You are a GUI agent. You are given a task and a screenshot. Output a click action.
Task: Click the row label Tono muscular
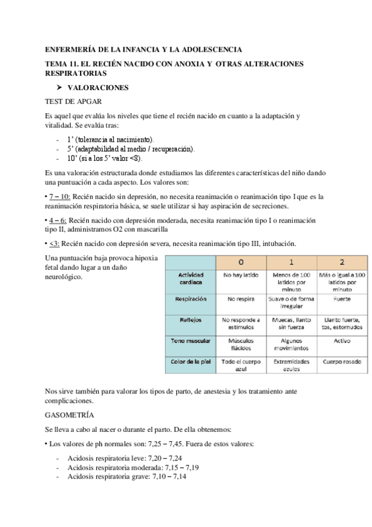(191, 341)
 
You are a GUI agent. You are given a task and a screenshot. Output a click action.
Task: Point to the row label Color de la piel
(191, 361)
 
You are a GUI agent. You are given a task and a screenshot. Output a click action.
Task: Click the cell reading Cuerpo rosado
(342, 360)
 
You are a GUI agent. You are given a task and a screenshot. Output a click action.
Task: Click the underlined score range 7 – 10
(60, 196)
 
